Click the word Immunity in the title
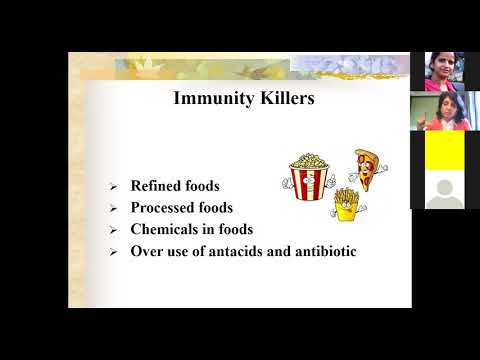tap(214, 99)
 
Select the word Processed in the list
tap(163, 207)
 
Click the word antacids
tap(235, 251)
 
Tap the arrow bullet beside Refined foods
tap(113, 187)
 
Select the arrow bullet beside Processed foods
tap(113, 209)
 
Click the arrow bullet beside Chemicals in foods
tap(113, 230)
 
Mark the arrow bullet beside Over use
tap(113, 252)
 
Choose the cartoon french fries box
tap(347, 205)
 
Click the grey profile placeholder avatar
tap(444, 194)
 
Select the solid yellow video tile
tap(445, 150)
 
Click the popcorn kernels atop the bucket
tap(309, 161)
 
